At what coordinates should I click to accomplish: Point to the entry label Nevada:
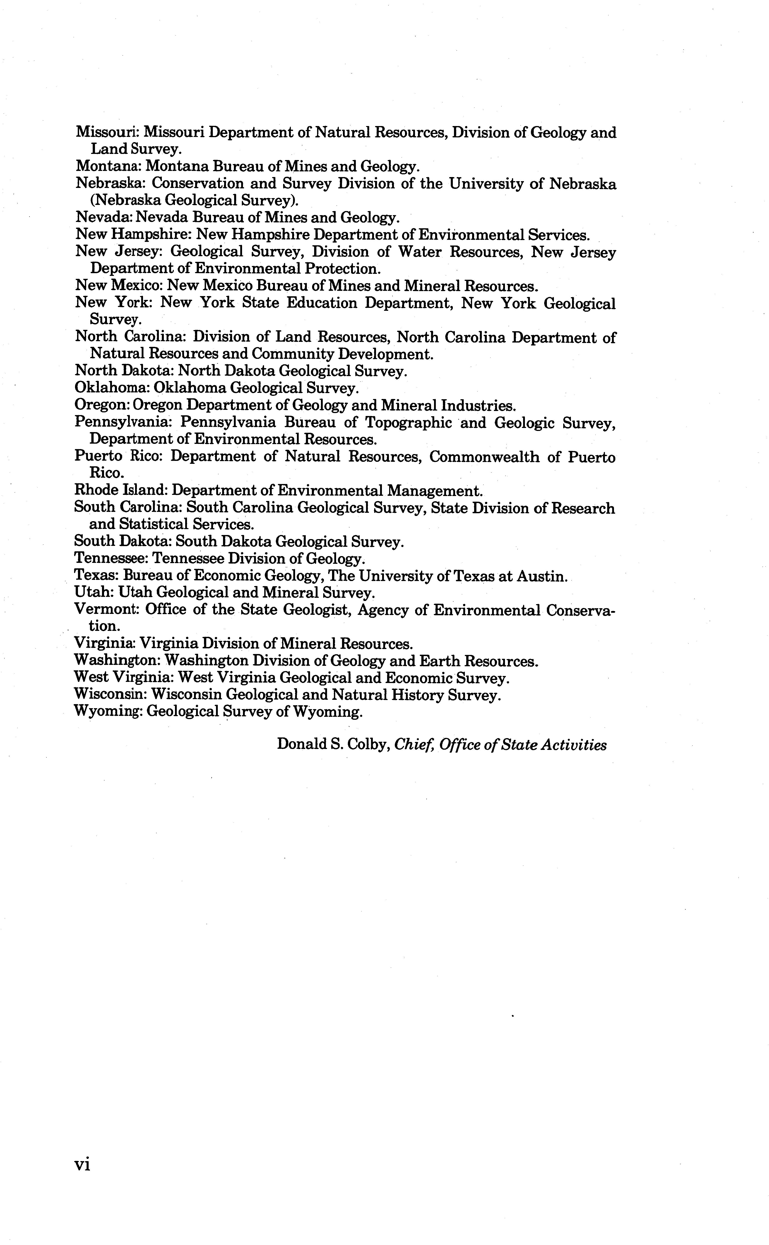104,218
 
